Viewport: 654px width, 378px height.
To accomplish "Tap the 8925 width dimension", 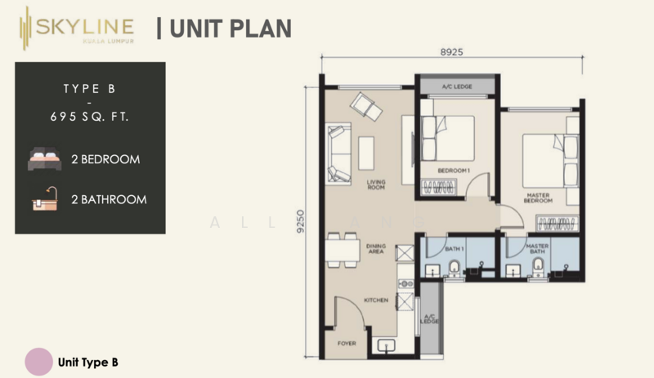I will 451,51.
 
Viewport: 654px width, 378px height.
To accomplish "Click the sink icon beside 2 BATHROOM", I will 44,198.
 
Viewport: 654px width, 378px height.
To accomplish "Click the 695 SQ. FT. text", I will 90,117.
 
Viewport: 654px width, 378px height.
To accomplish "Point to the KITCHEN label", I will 375,300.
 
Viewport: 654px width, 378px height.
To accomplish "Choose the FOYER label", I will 347,344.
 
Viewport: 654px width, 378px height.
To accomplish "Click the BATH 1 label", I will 455,247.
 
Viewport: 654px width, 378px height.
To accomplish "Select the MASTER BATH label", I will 536,250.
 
